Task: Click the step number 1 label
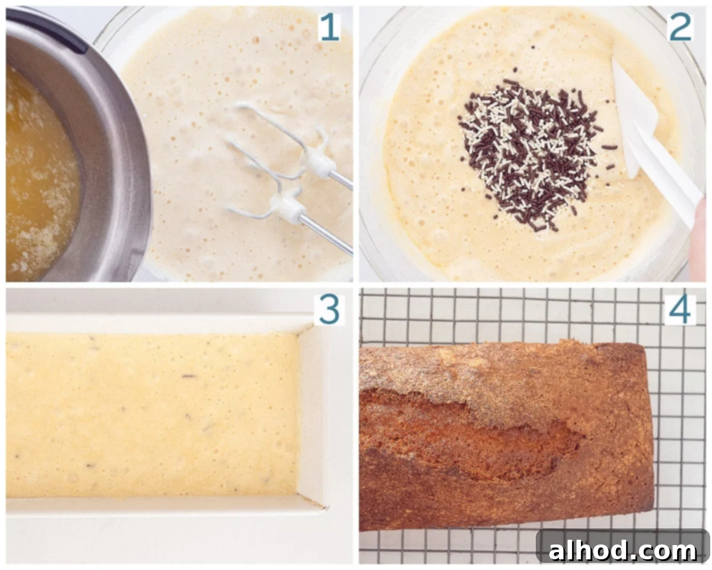[x=330, y=27]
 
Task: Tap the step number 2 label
[x=680, y=27]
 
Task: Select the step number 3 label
[x=329, y=310]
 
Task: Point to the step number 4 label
[x=680, y=310]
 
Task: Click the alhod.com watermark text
[x=622, y=551]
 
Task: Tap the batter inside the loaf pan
[x=152, y=414]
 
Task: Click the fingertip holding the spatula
[x=701, y=229]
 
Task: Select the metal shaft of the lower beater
[x=326, y=232]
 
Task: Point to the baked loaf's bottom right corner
[x=653, y=509]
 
